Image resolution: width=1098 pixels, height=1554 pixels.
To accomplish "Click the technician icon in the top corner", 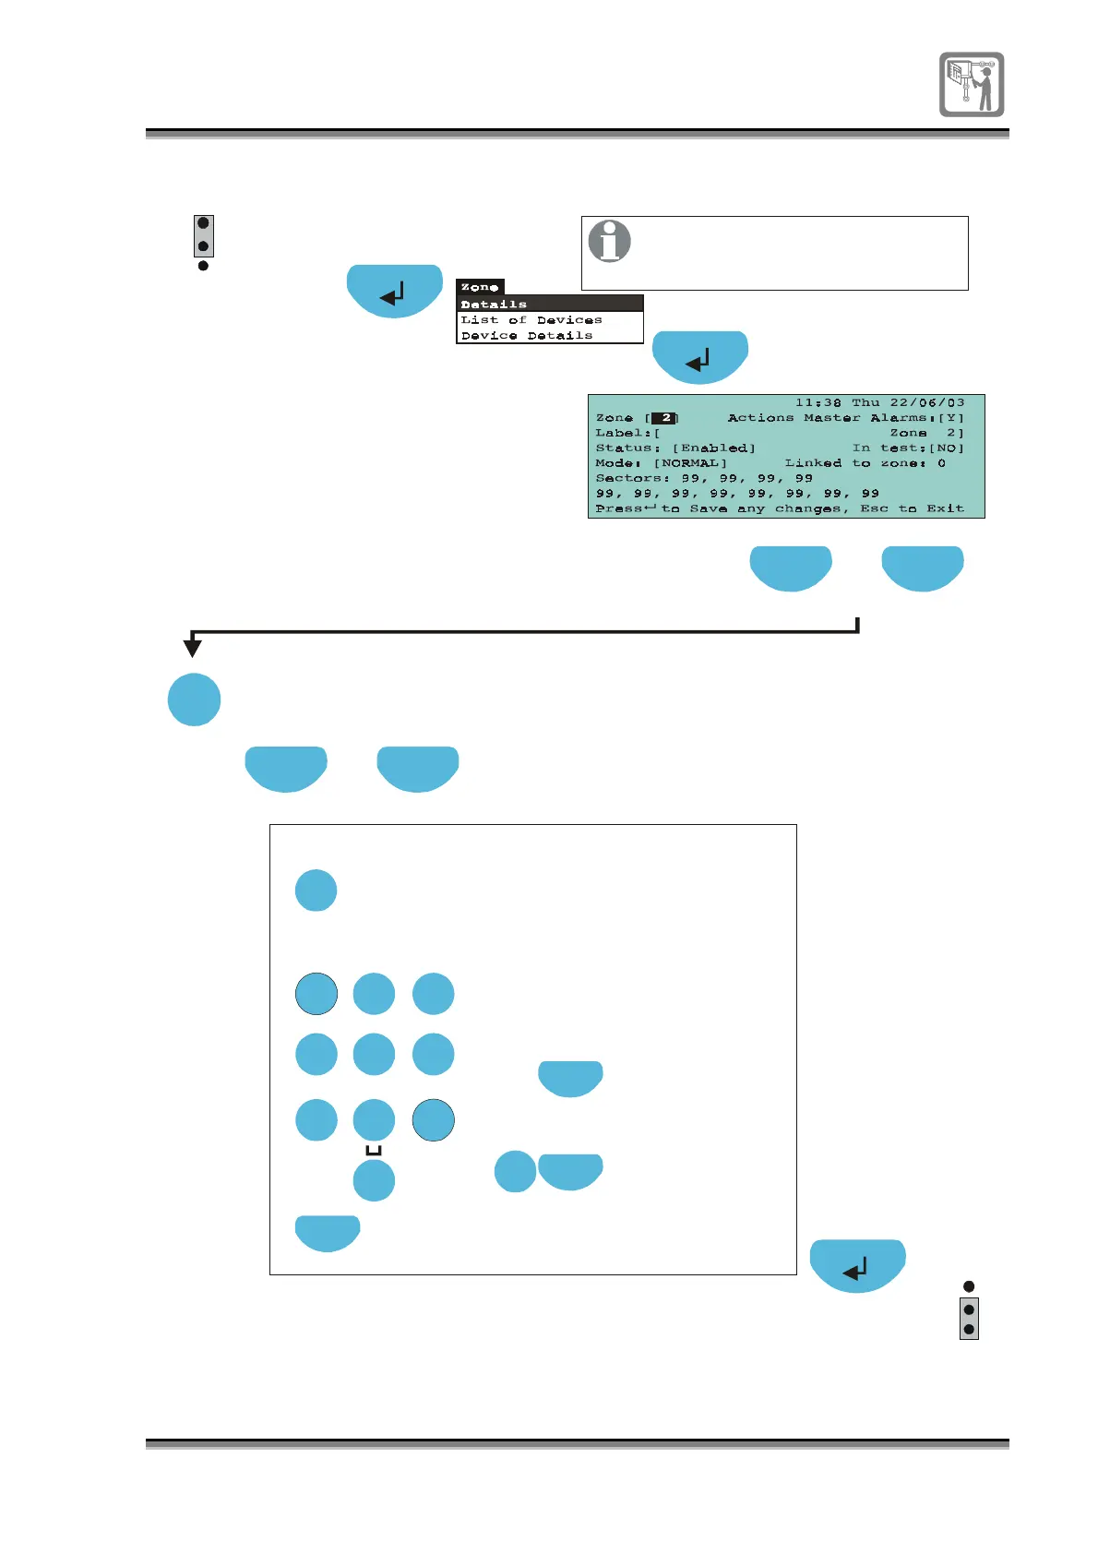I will tap(972, 84).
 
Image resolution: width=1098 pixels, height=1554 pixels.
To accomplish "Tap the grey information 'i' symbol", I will tap(610, 241).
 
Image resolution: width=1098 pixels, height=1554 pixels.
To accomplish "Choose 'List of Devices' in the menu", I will tap(531, 319).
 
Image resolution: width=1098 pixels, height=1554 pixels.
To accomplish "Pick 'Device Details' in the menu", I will tap(527, 335).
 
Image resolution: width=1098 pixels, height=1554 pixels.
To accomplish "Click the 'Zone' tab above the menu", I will tap(480, 287).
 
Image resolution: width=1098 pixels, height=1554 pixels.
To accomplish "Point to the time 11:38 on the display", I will tap(818, 402).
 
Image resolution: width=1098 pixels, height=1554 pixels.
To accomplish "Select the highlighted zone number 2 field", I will tap(664, 418).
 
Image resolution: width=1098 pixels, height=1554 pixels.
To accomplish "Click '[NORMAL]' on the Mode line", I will tap(690, 463).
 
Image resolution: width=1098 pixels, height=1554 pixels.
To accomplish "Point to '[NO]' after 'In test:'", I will tap(946, 448).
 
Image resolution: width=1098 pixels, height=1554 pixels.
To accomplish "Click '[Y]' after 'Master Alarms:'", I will tap(950, 418).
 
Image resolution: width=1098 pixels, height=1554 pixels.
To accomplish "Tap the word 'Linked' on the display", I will tap(813, 463).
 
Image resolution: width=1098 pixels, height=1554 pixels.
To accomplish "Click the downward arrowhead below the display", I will tap(193, 648).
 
